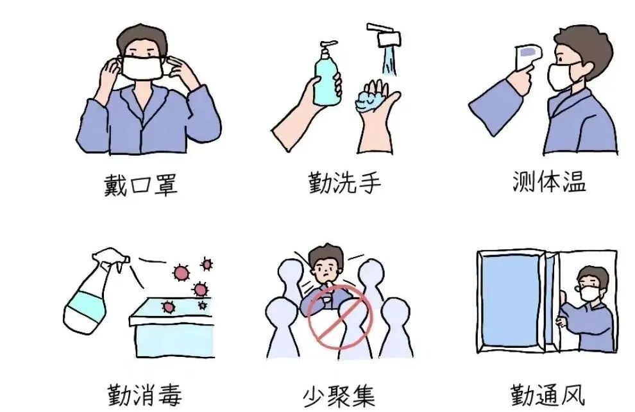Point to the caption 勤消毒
point(142,394)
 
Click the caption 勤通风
point(548,393)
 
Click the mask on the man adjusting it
point(143,67)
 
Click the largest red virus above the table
point(182,274)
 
